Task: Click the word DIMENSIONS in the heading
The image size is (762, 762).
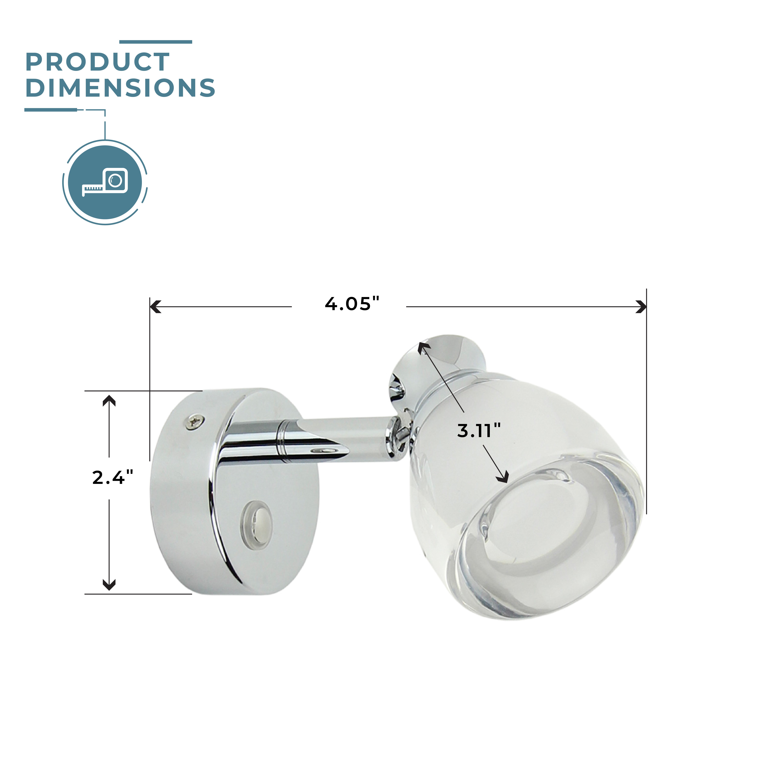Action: pyautogui.click(x=120, y=88)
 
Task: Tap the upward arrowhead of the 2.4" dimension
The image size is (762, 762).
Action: pyautogui.click(x=109, y=401)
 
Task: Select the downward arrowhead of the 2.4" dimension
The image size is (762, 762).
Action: pyautogui.click(x=109, y=585)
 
